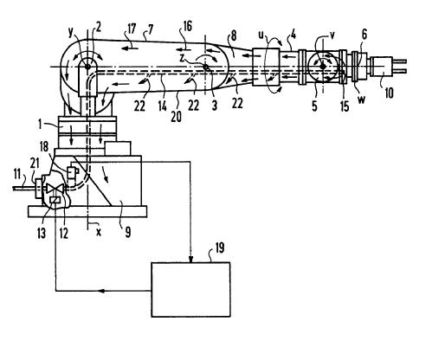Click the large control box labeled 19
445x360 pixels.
click(x=190, y=289)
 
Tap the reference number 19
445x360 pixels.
click(x=220, y=248)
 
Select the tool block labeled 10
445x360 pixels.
click(x=382, y=67)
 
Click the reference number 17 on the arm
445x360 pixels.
click(x=131, y=29)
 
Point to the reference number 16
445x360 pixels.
click(x=187, y=26)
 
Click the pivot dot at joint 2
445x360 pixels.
click(x=87, y=67)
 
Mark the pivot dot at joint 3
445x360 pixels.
click(x=206, y=67)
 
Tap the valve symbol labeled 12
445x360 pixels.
click(x=55, y=189)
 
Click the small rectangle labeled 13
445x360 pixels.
click(x=55, y=200)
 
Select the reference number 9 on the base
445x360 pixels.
click(x=128, y=231)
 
